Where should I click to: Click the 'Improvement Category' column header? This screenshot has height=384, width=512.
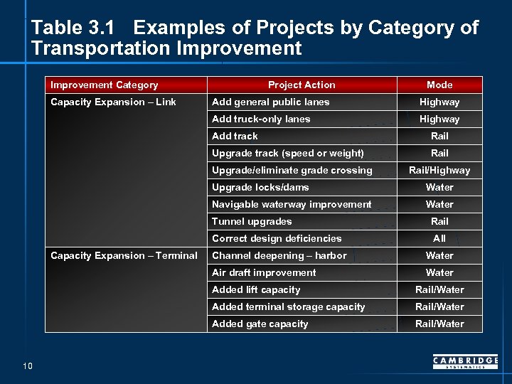coord(105,85)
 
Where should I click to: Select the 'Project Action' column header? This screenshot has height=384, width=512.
coord(302,85)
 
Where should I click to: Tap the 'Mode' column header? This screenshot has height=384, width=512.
coord(439,85)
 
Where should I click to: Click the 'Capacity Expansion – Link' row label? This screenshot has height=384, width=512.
coord(113,102)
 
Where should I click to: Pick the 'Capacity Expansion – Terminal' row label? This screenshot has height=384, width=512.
coord(124,255)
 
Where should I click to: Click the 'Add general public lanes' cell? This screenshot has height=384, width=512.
coord(271,102)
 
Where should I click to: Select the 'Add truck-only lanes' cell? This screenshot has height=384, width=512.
coord(261,119)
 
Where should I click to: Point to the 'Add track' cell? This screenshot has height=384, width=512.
coord(235,136)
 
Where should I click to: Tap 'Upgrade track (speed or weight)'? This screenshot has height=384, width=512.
coord(288,153)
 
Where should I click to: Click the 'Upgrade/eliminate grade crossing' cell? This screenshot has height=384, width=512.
coord(292,170)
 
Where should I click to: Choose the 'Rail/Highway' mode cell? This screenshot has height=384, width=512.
coord(439,170)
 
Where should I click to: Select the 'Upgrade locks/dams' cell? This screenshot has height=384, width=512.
coord(260,187)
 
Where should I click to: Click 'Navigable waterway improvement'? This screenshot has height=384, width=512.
coord(292,204)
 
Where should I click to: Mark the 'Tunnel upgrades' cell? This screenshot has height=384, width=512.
coord(252,221)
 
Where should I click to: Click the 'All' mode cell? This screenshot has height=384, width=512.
coord(439,238)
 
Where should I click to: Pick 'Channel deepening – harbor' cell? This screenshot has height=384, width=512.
coord(279,255)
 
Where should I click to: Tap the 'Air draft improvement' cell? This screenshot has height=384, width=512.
coord(264,272)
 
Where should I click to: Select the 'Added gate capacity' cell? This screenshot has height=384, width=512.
coord(260,324)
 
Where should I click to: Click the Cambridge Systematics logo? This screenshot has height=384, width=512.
coord(465,363)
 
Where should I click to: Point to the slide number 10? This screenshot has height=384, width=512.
coord(28,366)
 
